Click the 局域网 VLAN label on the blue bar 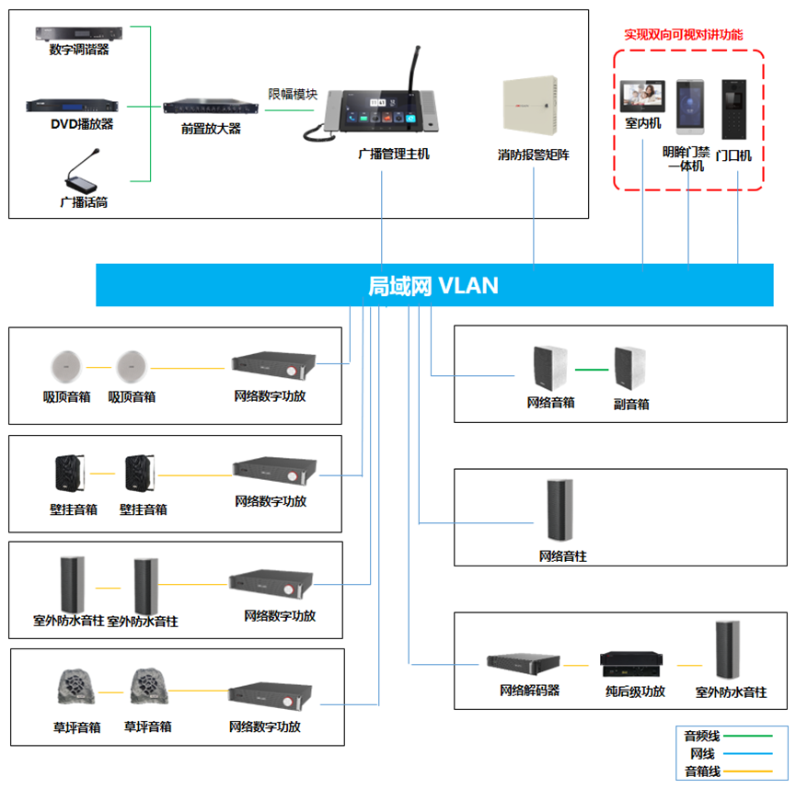(x=433, y=286)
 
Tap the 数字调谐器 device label (x=79, y=50)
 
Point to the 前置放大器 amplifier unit (x=211, y=108)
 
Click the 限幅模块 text (x=293, y=94)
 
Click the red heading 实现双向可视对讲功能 (x=684, y=35)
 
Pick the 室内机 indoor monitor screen (x=642, y=96)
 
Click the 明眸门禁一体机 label (x=686, y=159)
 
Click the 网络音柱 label (x=562, y=556)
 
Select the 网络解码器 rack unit (x=523, y=663)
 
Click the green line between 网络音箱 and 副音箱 (x=594, y=371)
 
